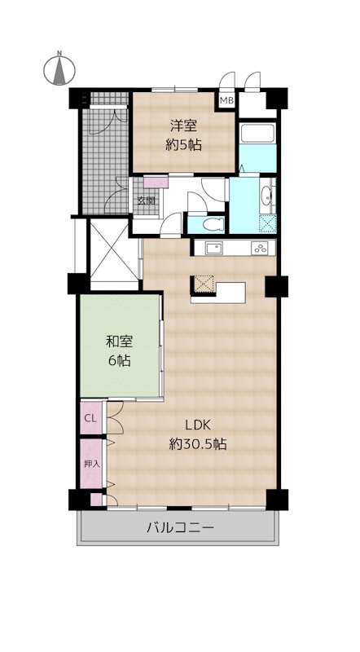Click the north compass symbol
coord(59,68)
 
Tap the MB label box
coord(226,100)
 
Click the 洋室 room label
coord(183,126)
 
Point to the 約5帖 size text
coord(183,145)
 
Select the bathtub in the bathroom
coord(257,133)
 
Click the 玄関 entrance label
coord(147,200)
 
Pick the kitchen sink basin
coord(214,249)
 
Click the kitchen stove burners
coord(262,249)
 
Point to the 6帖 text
coord(120,360)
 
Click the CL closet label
coord(90,418)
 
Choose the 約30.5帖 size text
coord(198,445)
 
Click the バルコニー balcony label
coord(181,528)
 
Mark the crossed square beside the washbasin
coord(268,223)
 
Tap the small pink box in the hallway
coord(156,182)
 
